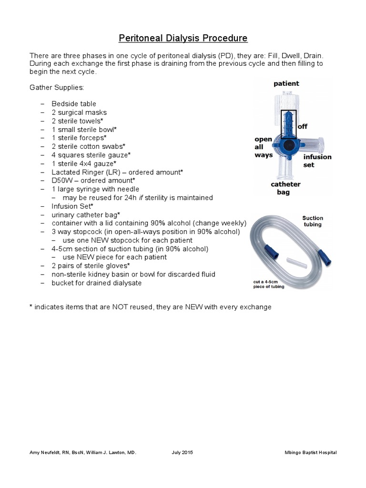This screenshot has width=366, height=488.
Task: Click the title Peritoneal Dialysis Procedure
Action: coord(183,38)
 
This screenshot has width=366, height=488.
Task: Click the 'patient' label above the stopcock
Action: coord(286,83)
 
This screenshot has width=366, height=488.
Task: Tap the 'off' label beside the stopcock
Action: coord(303,126)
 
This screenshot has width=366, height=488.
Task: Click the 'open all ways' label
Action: coord(264,147)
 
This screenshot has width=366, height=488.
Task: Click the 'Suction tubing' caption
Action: coord(312,221)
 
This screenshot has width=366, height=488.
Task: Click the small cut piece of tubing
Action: coord(293,262)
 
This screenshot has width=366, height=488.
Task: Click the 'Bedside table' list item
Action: coord(74,104)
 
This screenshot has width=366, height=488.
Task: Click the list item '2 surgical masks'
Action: coord(79,112)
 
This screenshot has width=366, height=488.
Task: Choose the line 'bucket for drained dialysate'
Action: coord(97,283)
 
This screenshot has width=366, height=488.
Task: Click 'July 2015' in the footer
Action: coord(182,452)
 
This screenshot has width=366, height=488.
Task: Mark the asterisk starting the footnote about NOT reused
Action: coord(31,306)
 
